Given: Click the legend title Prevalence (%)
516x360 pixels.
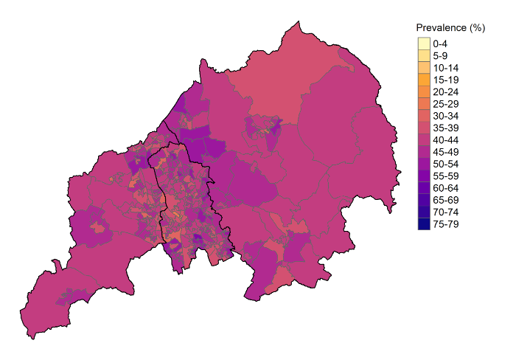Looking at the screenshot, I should click(450, 28).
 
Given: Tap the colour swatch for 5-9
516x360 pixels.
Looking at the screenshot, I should click(423, 55).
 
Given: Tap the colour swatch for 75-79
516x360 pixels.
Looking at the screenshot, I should click(423, 224).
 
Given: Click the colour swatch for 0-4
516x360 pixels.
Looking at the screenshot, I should click(423, 44).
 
